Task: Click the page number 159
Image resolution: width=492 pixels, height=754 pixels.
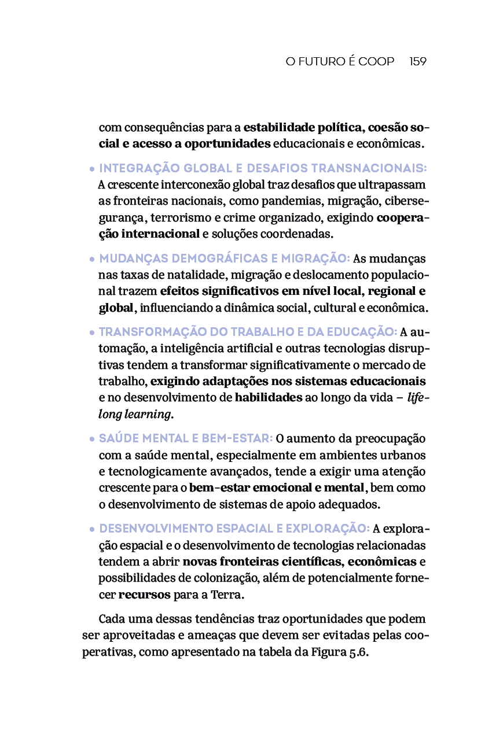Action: tap(417, 61)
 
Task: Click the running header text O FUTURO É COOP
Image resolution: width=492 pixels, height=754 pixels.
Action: tap(340, 61)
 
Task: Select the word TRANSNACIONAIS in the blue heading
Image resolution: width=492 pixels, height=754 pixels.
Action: tap(369, 168)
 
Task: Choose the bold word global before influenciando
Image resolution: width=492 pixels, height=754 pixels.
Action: tap(116, 308)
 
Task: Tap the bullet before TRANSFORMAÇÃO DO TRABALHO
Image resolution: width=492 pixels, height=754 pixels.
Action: tap(92, 333)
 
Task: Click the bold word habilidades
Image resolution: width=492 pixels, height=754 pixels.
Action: tap(268, 398)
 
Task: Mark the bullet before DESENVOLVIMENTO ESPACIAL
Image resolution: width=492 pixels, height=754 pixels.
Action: tap(92, 530)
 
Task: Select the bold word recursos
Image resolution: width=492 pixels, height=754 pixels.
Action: tap(144, 594)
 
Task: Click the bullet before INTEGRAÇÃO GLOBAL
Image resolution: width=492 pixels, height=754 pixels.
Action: tap(92, 169)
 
